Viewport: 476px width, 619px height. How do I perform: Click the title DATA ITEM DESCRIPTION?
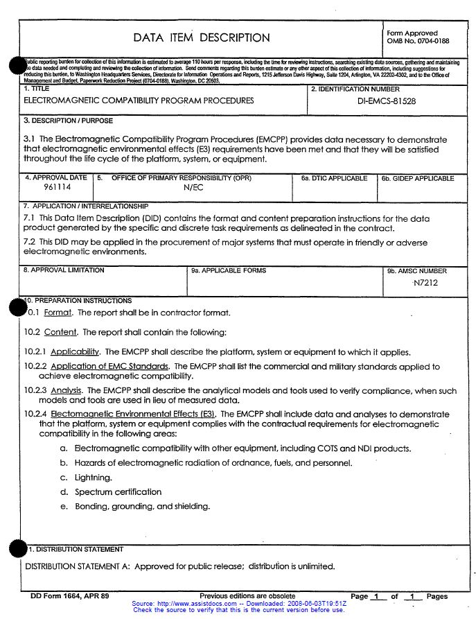(x=202, y=38)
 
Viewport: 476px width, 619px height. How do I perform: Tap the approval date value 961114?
(x=55, y=188)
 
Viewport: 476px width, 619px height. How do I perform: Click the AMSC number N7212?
(x=425, y=283)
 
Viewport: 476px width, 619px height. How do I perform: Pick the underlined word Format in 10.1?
(x=58, y=313)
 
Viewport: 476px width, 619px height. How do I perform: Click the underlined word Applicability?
(x=76, y=352)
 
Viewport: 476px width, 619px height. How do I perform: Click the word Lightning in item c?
(x=93, y=478)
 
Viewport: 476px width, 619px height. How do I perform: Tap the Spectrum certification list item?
(x=118, y=492)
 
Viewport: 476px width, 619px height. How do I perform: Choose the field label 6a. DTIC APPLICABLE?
(x=334, y=179)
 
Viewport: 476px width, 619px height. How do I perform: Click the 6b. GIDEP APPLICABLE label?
(x=418, y=179)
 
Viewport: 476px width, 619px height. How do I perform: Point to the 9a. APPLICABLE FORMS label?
(x=229, y=270)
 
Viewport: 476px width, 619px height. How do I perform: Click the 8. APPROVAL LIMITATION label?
(x=64, y=270)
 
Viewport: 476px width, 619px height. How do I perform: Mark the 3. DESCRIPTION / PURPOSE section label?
(x=68, y=121)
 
